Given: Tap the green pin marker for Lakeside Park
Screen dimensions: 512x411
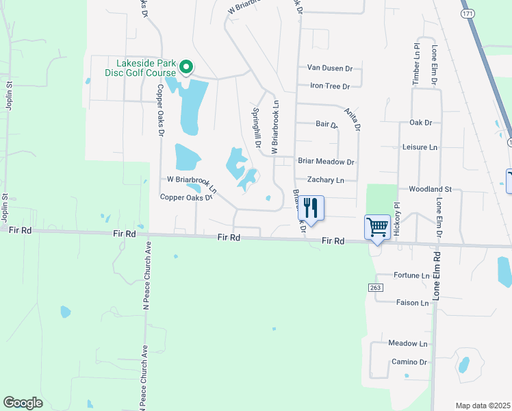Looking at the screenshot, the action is pyautogui.click(x=185, y=67).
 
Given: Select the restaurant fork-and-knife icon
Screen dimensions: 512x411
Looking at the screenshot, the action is pyautogui.click(x=311, y=208).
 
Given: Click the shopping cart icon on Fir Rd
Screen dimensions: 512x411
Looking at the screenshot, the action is pyautogui.click(x=377, y=227).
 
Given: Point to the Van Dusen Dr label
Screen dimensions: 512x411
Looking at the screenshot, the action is pyautogui.click(x=329, y=68).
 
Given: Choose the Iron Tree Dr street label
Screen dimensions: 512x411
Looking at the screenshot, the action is pyautogui.click(x=330, y=86).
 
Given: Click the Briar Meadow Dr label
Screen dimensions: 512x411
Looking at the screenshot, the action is pyautogui.click(x=326, y=162).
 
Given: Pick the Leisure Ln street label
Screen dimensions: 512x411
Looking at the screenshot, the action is pyautogui.click(x=419, y=147).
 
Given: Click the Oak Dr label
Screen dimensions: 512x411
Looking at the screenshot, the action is pyautogui.click(x=421, y=123).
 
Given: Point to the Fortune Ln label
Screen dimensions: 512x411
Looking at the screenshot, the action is pyautogui.click(x=411, y=275).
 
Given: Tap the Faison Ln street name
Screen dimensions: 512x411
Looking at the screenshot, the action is pyautogui.click(x=412, y=302).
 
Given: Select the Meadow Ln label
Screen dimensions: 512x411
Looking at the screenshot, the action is pyautogui.click(x=407, y=343).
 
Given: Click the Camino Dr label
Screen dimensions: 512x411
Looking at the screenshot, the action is pyautogui.click(x=409, y=362).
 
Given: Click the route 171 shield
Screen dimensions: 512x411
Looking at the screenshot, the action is pyautogui.click(x=468, y=13).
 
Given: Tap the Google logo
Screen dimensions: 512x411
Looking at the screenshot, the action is pyautogui.click(x=23, y=403).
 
